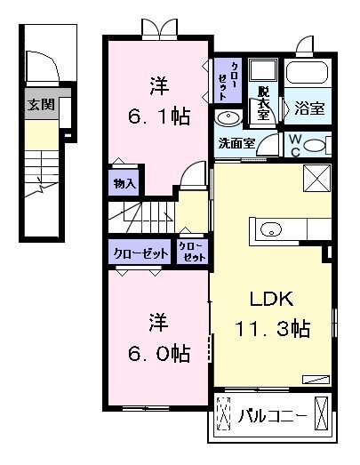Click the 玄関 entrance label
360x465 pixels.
[x=41, y=104]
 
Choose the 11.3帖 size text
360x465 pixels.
[x=272, y=329]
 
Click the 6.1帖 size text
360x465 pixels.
[x=160, y=116]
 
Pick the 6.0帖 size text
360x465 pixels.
[x=160, y=353]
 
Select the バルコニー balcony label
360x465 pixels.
[x=272, y=415]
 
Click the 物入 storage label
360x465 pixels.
[x=125, y=184]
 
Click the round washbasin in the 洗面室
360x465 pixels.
[x=228, y=118]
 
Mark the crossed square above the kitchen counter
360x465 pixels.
[x=316, y=178]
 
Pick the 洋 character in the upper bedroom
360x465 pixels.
[x=159, y=87]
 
